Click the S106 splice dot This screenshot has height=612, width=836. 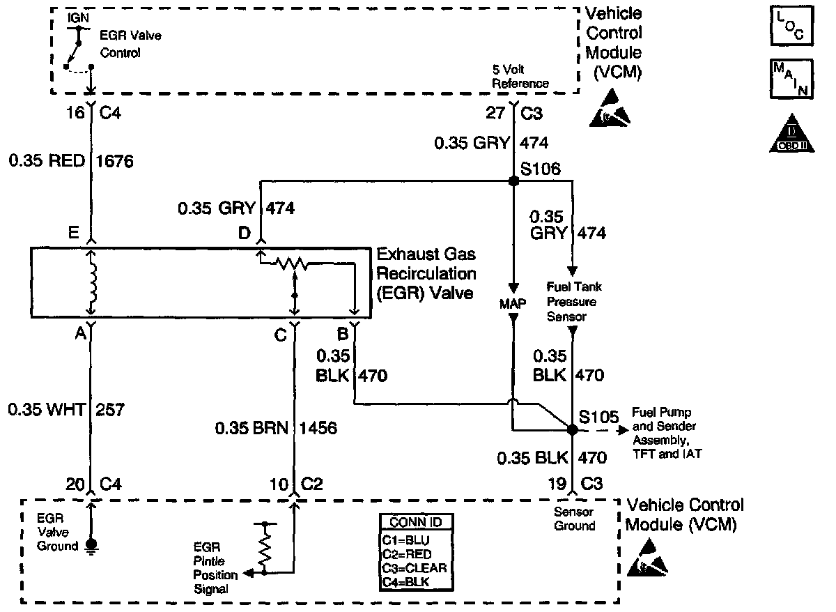(x=513, y=181)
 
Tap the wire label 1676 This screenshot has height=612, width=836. (x=114, y=162)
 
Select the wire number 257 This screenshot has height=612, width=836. (x=111, y=410)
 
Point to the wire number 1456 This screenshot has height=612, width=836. (x=318, y=428)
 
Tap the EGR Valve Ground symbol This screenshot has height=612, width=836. (x=91, y=546)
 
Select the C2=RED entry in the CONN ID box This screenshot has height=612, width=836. (x=408, y=553)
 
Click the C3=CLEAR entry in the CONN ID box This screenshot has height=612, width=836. (x=415, y=567)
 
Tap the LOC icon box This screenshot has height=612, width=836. (x=789, y=26)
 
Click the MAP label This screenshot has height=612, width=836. (x=513, y=304)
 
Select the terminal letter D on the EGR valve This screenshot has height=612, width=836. (x=245, y=233)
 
